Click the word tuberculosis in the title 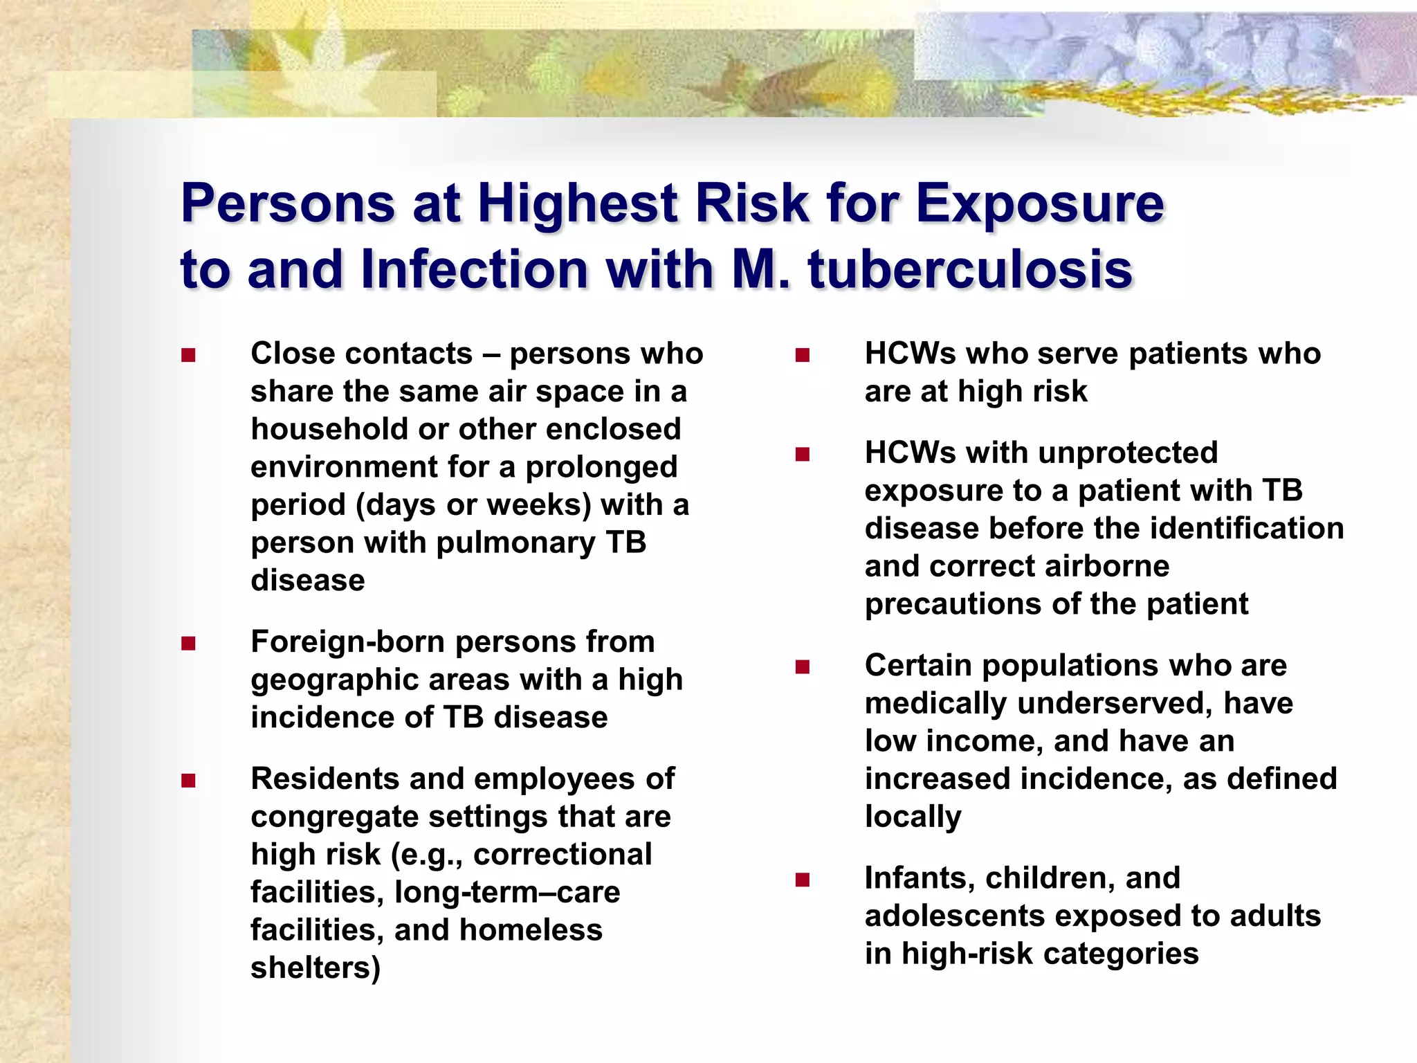tap(970, 269)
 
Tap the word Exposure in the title tap(1040, 204)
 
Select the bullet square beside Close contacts tap(188, 356)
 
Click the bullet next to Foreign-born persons tap(188, 644)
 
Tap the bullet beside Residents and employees tap(188, 781)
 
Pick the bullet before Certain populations tap(803, 667)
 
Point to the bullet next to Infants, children tap(803, 880)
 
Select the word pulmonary tap(515, 543)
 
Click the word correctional tap(563, 855)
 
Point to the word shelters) tap(316, 968)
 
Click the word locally tap(913, 817)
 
